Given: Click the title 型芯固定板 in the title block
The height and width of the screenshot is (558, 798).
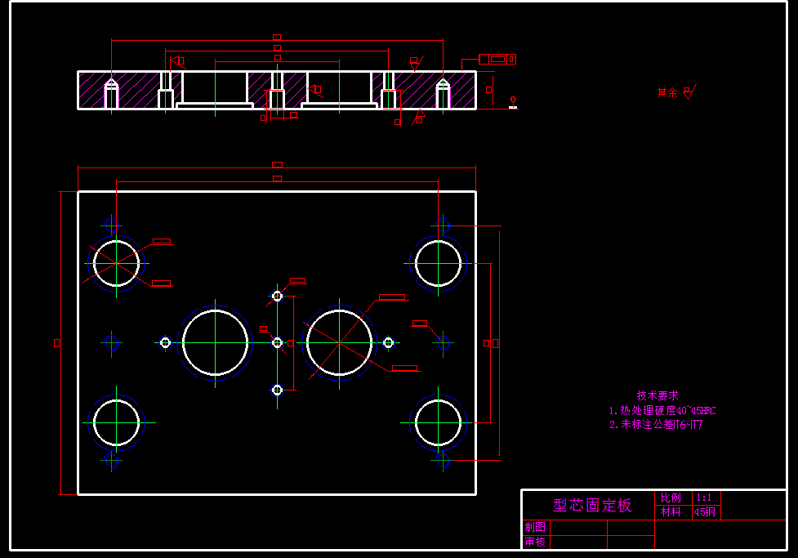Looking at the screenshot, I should [x=592, y=505].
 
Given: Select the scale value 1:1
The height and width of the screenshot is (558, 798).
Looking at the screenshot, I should [x=703, y=498].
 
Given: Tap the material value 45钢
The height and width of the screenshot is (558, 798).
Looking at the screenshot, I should [x=705, y=512].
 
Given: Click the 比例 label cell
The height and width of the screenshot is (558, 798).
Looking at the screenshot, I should [x=671, y=498].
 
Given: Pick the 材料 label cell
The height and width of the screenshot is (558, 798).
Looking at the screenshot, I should [x=671, y=512].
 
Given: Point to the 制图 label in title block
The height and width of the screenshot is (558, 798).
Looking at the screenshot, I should [x=535, y=528].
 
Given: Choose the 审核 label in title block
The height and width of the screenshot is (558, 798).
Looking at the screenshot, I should [x=535, y=542].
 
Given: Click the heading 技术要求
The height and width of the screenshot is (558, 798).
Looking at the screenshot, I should [x=658, y=395].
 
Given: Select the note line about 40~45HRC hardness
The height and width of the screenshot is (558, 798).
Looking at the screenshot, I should [x=662, y=410].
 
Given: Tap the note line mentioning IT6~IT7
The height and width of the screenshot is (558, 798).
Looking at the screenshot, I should [x=656, y=425].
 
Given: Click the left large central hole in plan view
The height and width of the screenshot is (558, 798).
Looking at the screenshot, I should [x=216, y=342].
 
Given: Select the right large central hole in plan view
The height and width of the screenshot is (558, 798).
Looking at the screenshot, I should [x=339, y=342].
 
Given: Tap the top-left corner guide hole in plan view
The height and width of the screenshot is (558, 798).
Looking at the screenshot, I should [x=116, y=263].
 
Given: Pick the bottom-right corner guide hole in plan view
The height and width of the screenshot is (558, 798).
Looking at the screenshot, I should [x=438, y=423].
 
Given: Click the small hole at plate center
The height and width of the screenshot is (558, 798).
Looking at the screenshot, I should [x=277, y=342].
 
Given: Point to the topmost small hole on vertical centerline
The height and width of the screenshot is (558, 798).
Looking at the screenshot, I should [x=277, y=296].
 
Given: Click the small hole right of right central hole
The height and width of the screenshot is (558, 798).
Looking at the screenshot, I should [x=388, y=342].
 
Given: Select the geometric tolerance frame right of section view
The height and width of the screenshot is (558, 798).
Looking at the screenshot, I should [x=497, y=59].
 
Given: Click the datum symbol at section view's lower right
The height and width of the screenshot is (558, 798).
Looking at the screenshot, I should [x=514, y=103].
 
